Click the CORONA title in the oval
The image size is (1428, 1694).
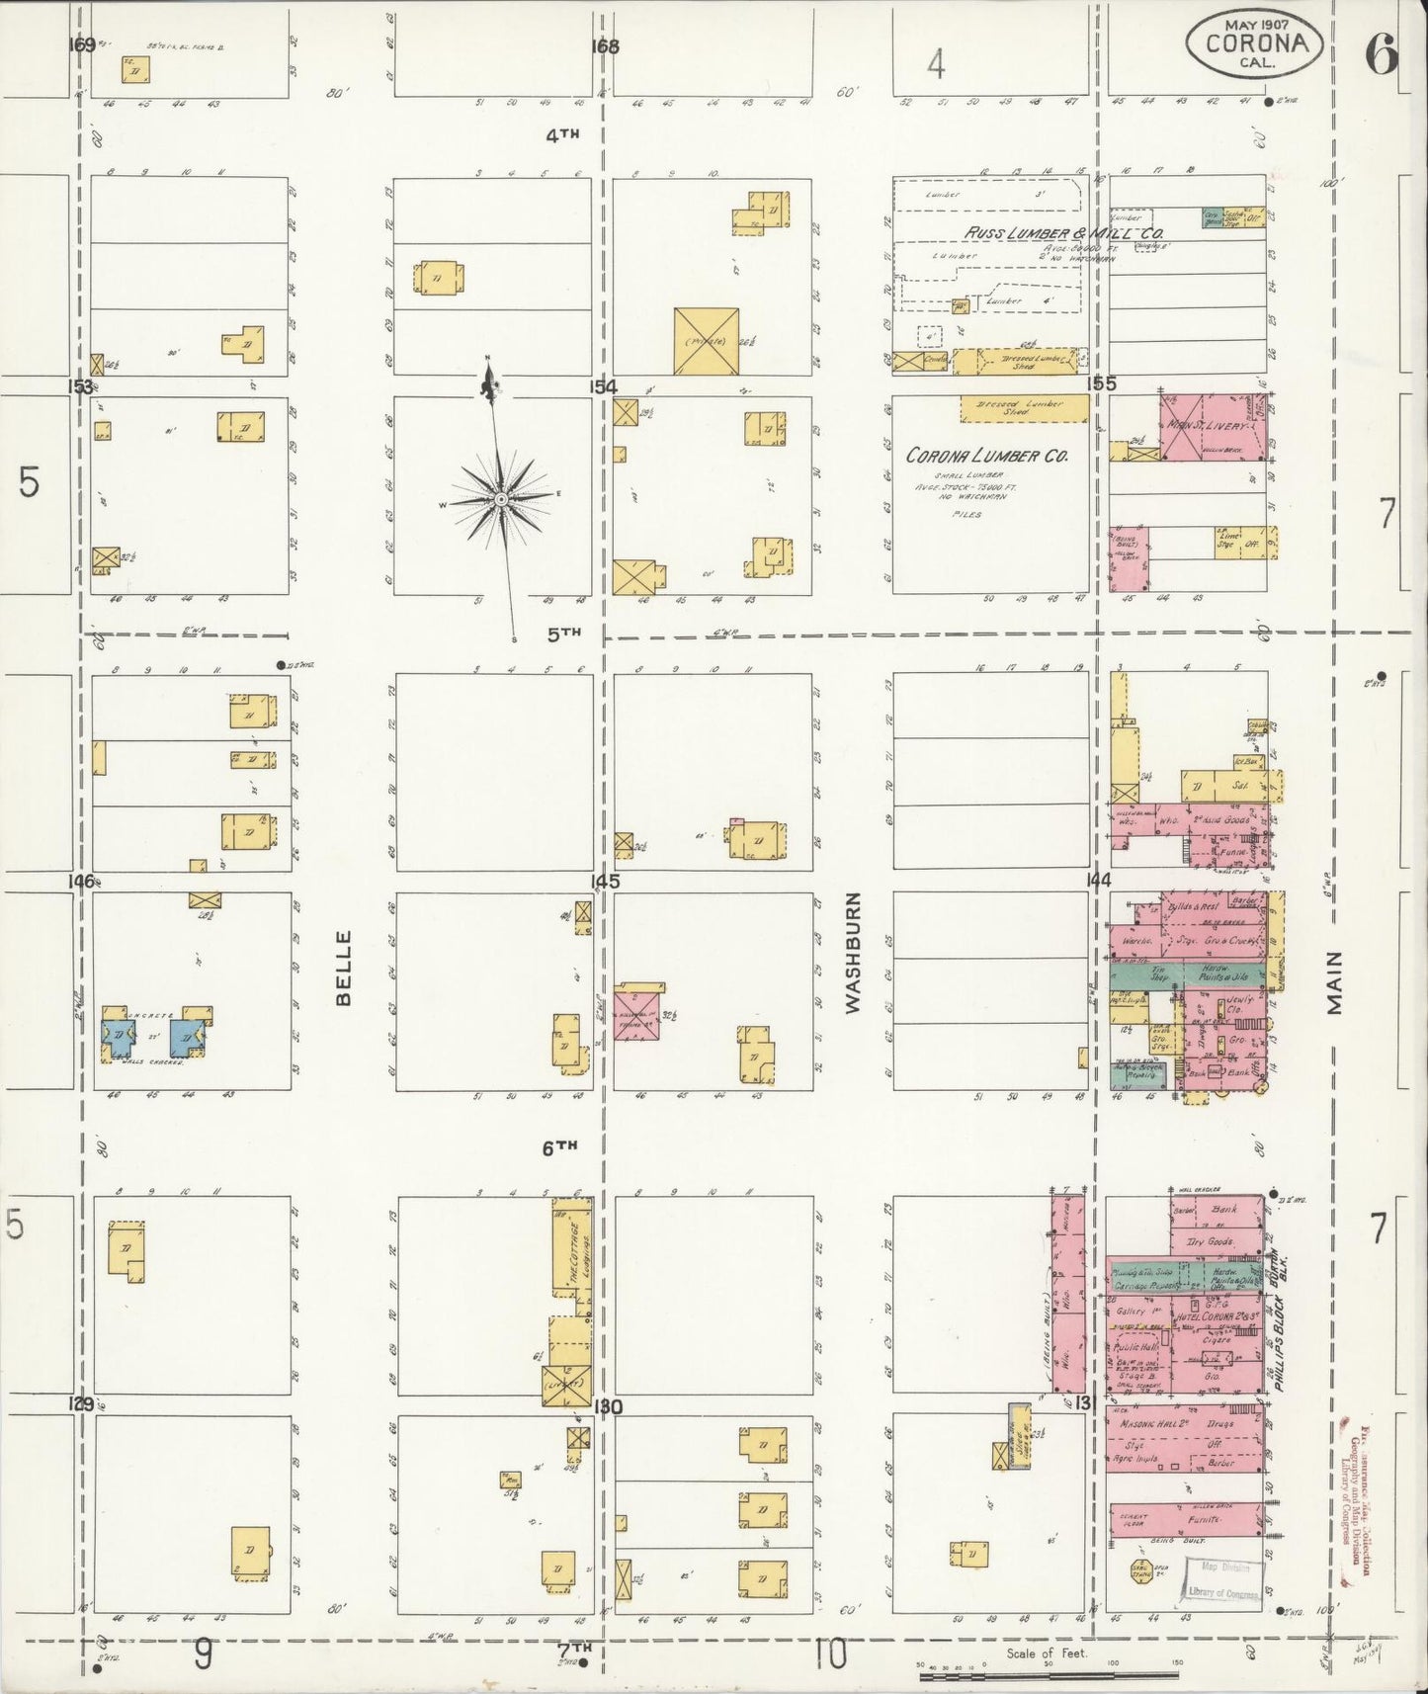click(1254, 42)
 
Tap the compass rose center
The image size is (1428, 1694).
click(501, 499)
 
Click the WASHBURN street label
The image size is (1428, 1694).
click(854, 952)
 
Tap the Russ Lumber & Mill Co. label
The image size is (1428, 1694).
click(1050, 231)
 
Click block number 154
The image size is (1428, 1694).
click(603, 385)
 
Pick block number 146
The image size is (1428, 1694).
click(80, 881)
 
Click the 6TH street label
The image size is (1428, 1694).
click(558, 1146)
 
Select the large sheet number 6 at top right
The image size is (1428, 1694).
click(1381, 54)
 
